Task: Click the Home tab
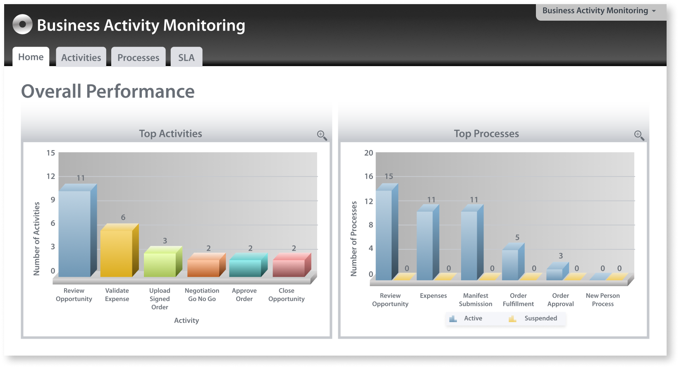[31, 57]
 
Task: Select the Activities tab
[81, 57]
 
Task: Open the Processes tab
[138, 57]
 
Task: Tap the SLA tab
[186, 57]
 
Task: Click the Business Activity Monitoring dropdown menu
[600, 11]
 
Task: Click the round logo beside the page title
[22, 24]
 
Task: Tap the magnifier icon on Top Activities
[322, 135]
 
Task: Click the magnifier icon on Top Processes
[639, 135]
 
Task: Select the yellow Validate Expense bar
[117, 253]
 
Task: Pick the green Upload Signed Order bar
[160, 265]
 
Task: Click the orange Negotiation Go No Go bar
[203, 268]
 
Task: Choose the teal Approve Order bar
[245, 268]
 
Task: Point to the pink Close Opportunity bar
[289, 268]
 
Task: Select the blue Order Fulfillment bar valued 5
[510, 265]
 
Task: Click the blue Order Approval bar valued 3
[555, 274]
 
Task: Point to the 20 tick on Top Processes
[368, 153]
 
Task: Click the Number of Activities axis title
[37, 239]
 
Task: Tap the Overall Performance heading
[108, 91]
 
